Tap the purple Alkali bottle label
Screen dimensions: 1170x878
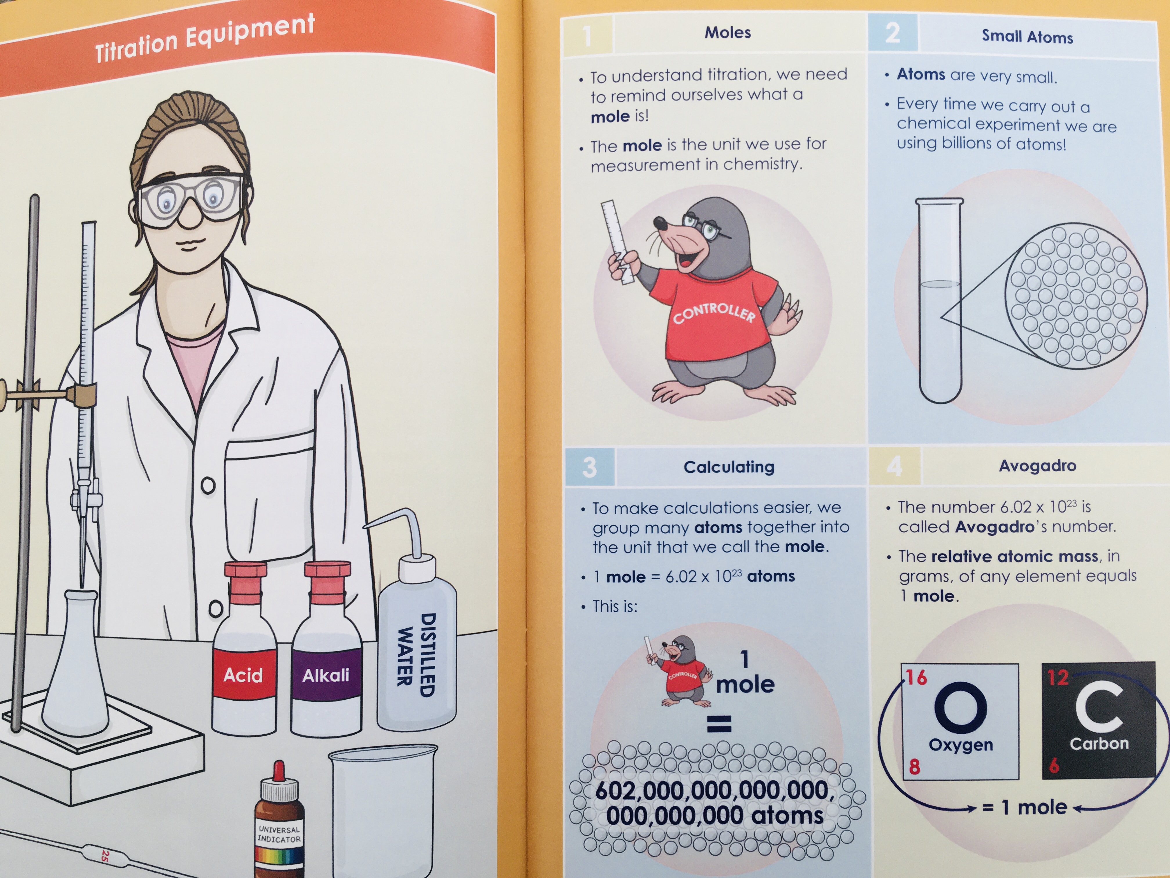(x=326, y=675)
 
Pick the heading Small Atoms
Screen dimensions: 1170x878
(x=1027, y=37)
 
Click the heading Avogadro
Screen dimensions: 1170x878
(x=1037, y=466)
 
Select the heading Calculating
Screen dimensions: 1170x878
(x=729, y=467)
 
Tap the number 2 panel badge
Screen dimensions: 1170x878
(x=893, y=33)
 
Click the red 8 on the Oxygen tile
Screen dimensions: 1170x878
(x=915, y=766)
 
